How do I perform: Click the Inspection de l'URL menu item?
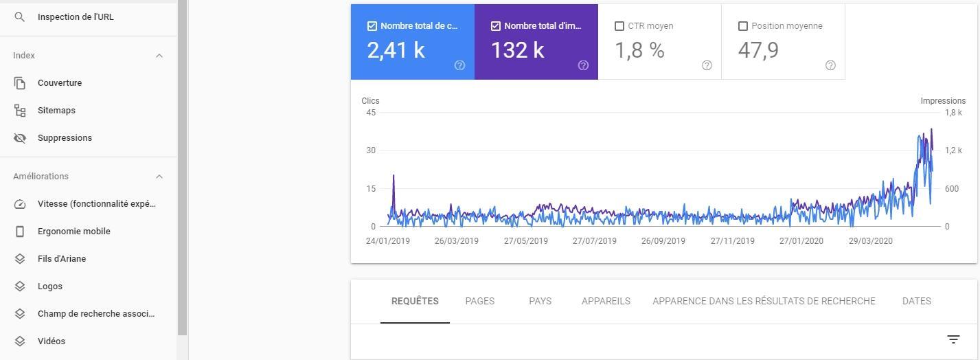(76, 17)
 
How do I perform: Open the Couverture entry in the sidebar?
(60, 83)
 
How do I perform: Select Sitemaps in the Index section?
(56, 111)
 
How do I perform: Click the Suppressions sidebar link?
(65, 138)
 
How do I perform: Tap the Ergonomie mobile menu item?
(73, 232)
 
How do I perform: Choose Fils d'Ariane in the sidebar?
(62, 259)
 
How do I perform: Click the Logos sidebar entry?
(50, 286)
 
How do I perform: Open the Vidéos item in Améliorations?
(52, 341)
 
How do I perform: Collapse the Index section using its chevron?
(159, 56)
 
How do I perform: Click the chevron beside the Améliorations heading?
(159, 177)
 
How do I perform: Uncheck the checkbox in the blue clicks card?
(372, 26)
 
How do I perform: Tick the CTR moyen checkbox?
(619, 26)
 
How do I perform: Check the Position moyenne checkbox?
(742, 26)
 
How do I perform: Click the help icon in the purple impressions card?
(583, 65)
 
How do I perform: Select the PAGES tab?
(479, 301)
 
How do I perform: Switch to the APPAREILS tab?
(606, 301)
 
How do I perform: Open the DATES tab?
(916, 301)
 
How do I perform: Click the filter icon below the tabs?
(953, 339)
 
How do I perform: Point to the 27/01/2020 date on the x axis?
(801, 241)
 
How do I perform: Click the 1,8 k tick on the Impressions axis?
(953, 113)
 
